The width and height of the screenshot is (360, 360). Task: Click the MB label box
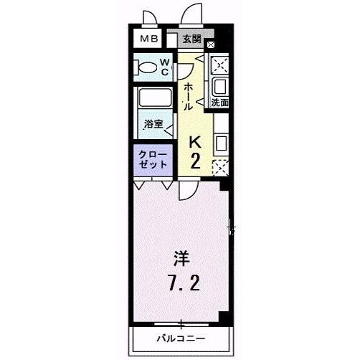click(x=148, y=39)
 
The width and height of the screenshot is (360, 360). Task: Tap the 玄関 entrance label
click(x=191, y=39)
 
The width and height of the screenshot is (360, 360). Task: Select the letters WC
click(x=165, y=68)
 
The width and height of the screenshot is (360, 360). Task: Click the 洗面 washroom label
click(x=220, y=103)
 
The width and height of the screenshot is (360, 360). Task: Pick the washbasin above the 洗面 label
click(x=219, y=87)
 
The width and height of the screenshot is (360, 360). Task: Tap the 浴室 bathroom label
click(x=153, y=124)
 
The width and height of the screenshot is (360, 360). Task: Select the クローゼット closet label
click(x=153, y=159)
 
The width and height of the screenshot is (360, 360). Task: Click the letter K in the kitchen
click(x=194, y=143)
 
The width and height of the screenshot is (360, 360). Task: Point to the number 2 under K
click(x=194, y=161)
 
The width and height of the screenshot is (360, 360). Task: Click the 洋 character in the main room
click(x=179, y=255)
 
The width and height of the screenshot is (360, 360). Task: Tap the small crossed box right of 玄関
click(x=210, y=45)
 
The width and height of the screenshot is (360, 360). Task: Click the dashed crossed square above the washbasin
click(x=220, y=65)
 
